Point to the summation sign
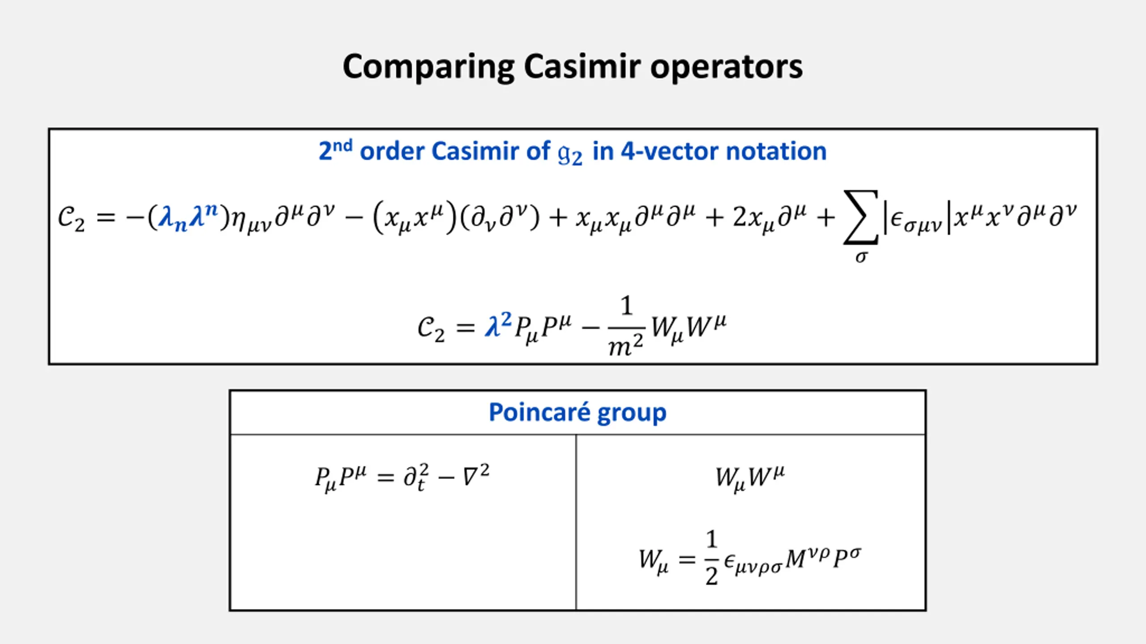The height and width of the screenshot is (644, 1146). click(x=860, y=217)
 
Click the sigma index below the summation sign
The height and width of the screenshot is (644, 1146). click(x=860, y=257)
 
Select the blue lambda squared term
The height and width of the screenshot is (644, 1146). click(x=497, y=325)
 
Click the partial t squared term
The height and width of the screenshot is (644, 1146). click(x=416, y=477)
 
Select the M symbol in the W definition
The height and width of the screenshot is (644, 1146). click(x=796, y=559)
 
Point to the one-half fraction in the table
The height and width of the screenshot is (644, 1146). click(x=711, y=558)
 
